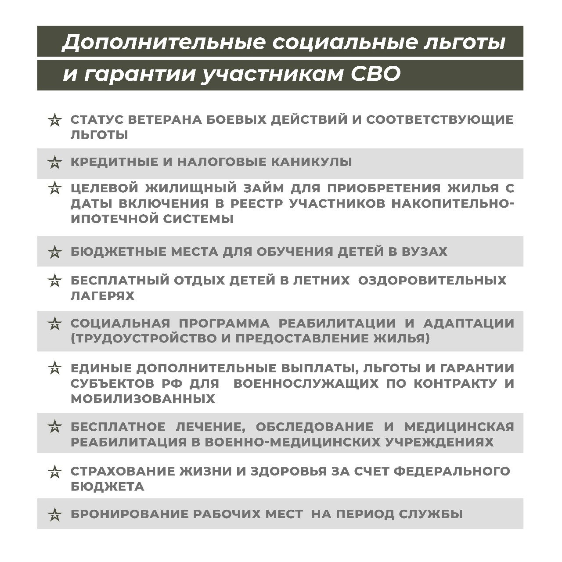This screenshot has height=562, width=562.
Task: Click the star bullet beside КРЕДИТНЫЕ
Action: (x=54, y=162)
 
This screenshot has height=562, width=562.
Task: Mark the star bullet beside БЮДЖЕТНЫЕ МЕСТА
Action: (x=54, y=252)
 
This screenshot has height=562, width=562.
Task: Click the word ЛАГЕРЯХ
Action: (x=102, y=295)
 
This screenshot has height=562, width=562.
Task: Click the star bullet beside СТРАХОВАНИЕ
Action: (x=54, y=472)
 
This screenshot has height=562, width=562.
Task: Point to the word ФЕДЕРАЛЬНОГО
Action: (x=452, y=472)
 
